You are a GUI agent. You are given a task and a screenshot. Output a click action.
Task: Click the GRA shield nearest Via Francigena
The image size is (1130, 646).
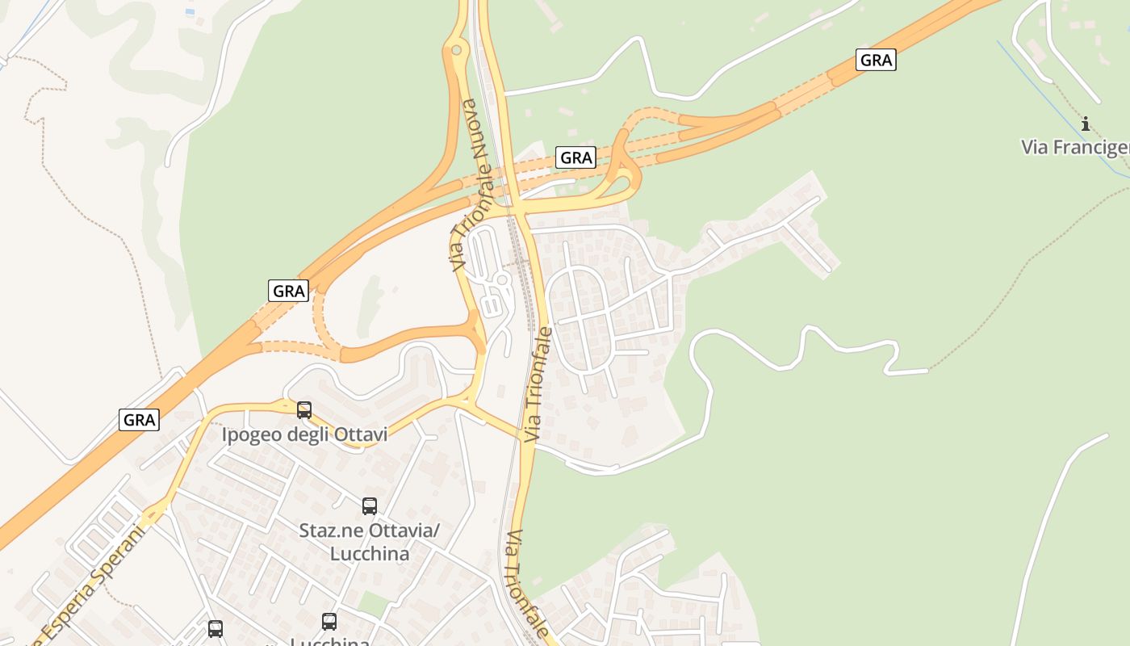(x=876, y=60)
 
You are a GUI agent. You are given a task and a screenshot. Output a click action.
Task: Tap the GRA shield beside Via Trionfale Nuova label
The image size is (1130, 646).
(x=575, y=157)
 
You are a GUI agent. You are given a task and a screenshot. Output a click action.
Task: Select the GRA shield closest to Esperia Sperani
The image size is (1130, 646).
(x=140, y=420)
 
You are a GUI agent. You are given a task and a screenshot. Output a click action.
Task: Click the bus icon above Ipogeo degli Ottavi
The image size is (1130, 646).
(x=304, y=410)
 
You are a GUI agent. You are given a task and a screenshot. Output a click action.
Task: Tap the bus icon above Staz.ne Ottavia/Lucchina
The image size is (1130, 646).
(x=370, y=506)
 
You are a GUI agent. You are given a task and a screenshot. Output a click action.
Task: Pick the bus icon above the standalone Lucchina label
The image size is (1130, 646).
(x=329, y=622)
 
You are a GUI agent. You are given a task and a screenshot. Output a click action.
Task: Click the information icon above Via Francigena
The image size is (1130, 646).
(x=1086, y=124)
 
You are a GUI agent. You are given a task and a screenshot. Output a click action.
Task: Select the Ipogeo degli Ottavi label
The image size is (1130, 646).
(x=304, y=434)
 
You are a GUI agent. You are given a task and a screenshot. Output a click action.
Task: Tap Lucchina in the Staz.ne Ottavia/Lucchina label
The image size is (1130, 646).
(x=369, y=554)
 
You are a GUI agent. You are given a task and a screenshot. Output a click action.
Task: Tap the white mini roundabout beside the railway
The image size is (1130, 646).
(x=501, y=280)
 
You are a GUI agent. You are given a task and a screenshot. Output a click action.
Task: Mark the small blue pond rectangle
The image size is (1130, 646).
(x=190, y=12)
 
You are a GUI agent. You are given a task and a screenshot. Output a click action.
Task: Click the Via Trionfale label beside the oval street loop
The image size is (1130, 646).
(x=538, y=384)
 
